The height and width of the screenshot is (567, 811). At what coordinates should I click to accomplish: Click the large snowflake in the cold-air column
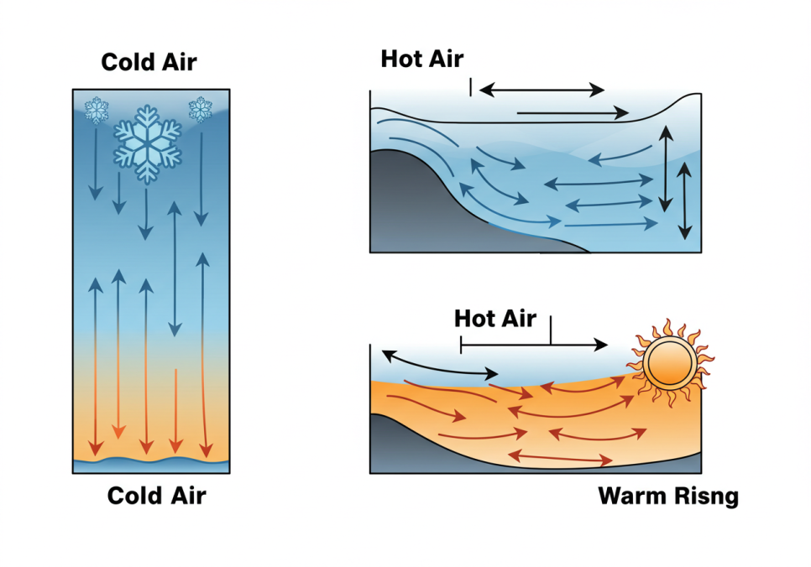(148, 143)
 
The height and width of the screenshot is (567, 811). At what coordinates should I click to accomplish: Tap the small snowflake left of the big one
(97, 110)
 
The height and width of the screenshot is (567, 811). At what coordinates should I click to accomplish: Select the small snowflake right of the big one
(200, 109)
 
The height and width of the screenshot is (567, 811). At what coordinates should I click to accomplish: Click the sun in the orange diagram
(669, 364)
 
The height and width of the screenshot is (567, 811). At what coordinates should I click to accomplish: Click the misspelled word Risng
(706, 497)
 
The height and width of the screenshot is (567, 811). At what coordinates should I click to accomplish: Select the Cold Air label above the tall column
(149, 62)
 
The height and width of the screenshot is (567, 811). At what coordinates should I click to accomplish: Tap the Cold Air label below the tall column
(156, 496)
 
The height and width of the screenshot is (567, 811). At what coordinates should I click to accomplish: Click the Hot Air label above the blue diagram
(421, 59)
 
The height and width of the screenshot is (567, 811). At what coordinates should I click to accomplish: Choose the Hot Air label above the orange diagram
(494, 319)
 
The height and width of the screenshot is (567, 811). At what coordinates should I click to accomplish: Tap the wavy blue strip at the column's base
(151, 460)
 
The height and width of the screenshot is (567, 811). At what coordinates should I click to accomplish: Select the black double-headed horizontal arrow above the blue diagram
(542, 89)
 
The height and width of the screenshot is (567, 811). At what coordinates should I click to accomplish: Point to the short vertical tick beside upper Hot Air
(471, 86)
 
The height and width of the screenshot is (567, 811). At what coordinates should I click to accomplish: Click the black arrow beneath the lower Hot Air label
(534, 344)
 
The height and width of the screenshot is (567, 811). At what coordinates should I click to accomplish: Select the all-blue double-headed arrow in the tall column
(175, 268)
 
